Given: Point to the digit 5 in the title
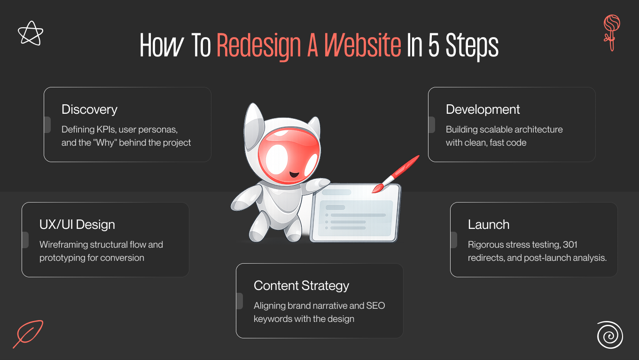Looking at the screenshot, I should pos(432,46).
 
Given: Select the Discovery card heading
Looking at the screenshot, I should pos(89,110).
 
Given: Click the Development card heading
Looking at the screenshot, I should pos(483,110).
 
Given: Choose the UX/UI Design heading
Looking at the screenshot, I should pos(77,225).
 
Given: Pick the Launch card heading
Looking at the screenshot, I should pos(488,225).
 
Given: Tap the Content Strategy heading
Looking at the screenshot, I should pos(301,286).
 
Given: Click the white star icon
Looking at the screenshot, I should pos(31,33).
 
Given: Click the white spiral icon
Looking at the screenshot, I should pos(610,335).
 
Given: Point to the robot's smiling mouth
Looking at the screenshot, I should pos(294,174).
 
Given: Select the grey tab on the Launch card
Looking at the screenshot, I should pos(453,240).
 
